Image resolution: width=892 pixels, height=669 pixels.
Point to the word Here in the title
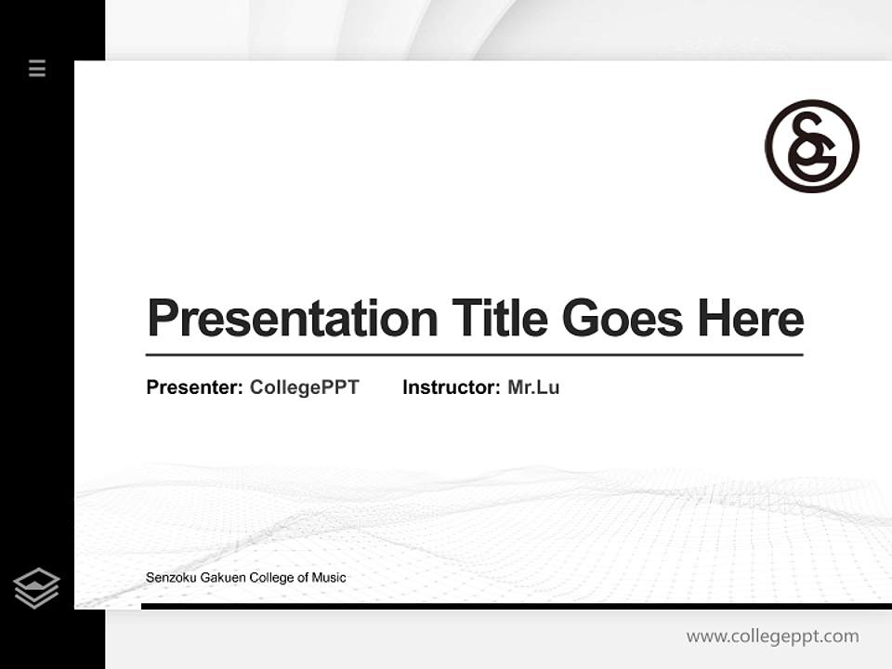coord(751,319)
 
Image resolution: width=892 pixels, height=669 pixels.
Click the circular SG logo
coord(812,146)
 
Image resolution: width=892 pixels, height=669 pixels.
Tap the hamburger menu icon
coord(37,68)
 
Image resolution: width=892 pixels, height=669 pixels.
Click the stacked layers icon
coord(36,588)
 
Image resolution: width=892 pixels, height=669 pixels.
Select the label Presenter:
coord(195,387)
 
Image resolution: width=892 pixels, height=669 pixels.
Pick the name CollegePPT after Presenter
coord(304,387)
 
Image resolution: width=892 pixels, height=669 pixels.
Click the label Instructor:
coord(452,387)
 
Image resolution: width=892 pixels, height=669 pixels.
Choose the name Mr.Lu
coord(533,387)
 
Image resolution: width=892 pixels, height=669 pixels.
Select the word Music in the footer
coord(328,578)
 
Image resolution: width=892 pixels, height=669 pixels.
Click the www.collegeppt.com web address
coord(772,636)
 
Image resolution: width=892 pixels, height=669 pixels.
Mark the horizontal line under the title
coord(474,354)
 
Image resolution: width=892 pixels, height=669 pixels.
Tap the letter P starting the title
coord(162,319)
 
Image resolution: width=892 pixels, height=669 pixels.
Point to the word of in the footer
coord(302,578)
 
